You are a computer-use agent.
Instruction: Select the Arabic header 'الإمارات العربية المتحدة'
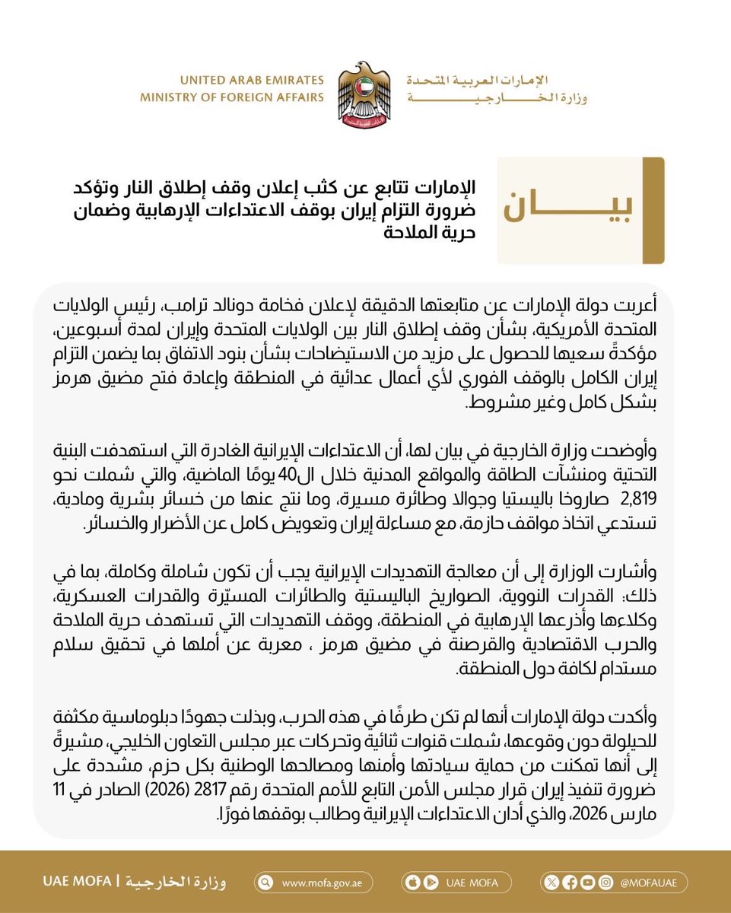click(x=496, y=81)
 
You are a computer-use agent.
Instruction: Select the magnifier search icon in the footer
click(x=265, y=883)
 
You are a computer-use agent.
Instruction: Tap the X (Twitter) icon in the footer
click(x=553, y=883)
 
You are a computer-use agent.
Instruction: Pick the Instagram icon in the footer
click(x=603, y=883)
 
